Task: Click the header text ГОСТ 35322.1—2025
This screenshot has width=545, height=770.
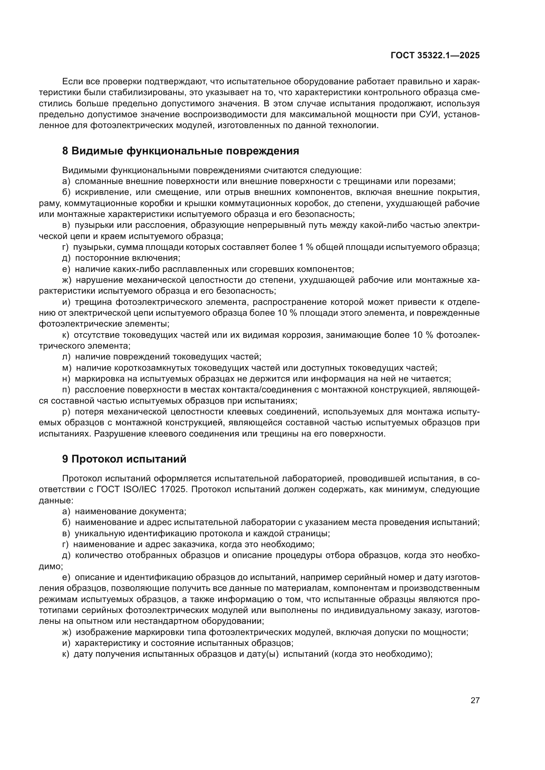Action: tap(435, 56)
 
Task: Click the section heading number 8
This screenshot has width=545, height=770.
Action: tap(66, 151)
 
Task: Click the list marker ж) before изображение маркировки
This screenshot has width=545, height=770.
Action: tap(67, 632)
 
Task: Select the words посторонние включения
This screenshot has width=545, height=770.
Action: tap(128, 258)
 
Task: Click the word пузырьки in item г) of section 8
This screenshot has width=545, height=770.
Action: tap(90, 247)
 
